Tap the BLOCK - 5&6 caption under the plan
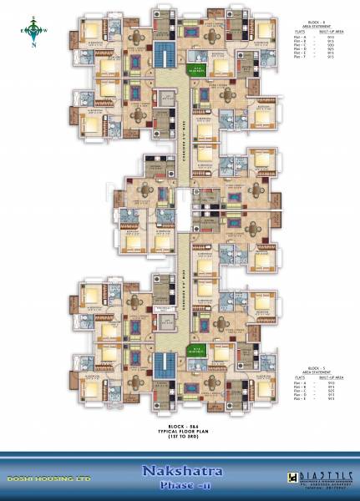[173, 426]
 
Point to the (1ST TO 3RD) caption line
[173, 438]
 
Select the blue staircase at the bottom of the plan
[162, 367]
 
